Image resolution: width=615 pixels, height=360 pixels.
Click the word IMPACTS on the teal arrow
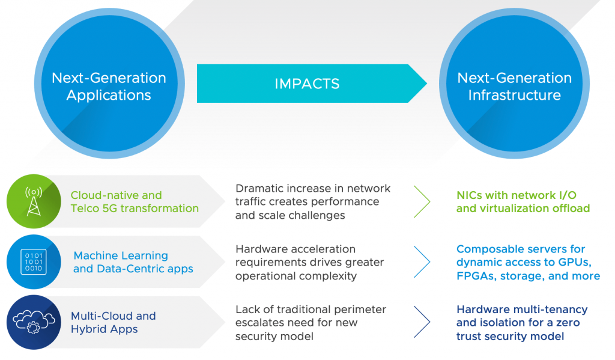tap(307, 84)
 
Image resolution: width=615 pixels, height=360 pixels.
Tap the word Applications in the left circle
tap(109, 96)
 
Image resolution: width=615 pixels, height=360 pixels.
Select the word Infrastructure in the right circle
tap(514, 95)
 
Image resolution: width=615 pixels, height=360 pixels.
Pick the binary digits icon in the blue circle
tap(34, 262)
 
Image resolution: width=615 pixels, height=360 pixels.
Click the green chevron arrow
tap(422, 201)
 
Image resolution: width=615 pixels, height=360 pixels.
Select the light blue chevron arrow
tap(422, 262)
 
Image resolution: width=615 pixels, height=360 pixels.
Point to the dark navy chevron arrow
tap(422, 322)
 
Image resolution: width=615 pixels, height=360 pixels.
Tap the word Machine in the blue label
tap(96, 255)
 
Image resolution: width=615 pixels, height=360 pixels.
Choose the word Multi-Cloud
tap(97, 316)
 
